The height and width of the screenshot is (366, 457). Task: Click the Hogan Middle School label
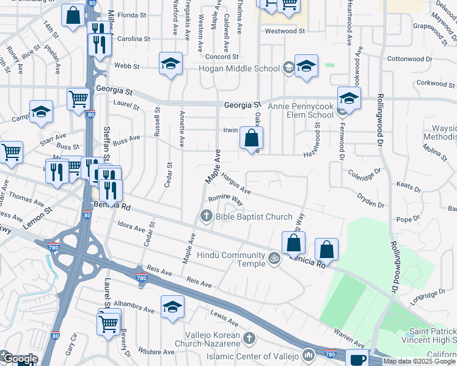[x=239, y=68]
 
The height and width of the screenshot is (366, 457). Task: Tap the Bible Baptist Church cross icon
[x=207, y=216]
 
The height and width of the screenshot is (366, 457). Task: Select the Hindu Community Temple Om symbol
[x=274, y=259]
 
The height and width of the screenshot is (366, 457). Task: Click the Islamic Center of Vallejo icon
[x=309, y=354]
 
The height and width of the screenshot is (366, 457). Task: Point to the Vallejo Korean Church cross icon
[x=248, y=338]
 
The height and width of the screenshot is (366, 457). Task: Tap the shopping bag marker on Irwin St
[x=251, y=138]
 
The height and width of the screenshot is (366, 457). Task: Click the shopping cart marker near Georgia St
[x=78, y=99]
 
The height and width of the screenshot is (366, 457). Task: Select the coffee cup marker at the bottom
[x=357, y=358]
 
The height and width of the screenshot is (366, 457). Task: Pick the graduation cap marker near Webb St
[x=171, y=63]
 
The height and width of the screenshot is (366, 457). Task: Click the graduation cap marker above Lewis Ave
[x=172, y=307]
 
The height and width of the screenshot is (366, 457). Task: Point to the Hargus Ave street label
[x=237, y=183]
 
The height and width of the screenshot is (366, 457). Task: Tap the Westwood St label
[x=285, y=30]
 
